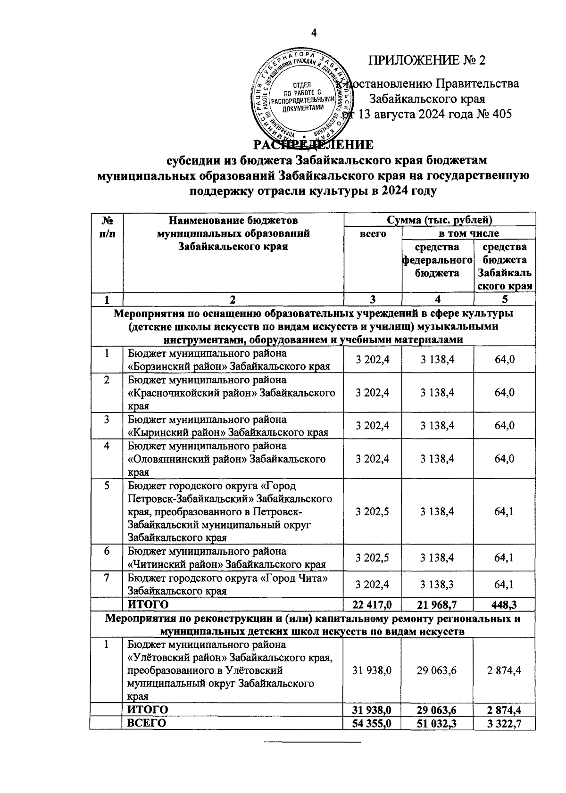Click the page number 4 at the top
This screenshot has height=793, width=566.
point(313,33)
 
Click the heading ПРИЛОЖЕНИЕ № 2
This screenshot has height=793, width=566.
point(426,60)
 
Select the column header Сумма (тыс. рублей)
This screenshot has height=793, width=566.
point(439,220)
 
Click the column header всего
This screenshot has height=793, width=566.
point(373,233)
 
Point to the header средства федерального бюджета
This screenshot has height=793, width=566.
point(437,260)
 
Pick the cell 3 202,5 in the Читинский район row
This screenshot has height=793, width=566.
point(373,558)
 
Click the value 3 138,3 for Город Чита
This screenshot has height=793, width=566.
point(437,585)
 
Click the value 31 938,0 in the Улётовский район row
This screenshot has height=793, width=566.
point(373,670)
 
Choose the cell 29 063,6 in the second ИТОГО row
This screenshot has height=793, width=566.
point(437,710)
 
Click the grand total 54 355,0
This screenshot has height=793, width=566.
point(373,723)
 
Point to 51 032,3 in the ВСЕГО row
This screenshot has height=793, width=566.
point(437,723)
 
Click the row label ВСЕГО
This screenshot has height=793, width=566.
point(145,723)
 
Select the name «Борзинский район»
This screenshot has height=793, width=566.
point(163,366)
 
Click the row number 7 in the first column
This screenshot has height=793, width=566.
point(107,578)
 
